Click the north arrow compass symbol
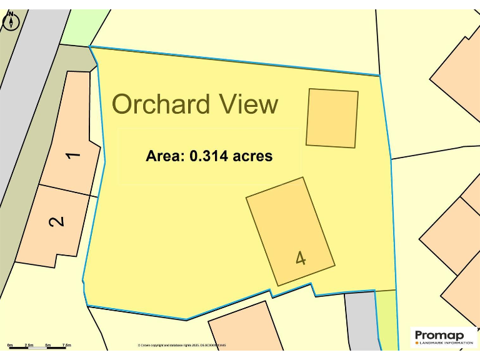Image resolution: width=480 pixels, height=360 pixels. click(x=11, y=21)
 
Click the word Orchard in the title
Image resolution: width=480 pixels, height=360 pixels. click(x=160, y=104)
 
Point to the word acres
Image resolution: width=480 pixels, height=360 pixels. click(x=252, y=156)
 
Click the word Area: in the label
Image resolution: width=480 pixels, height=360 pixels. click(x=166, y=156)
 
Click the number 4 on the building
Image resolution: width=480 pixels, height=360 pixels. click(x=301, y=257)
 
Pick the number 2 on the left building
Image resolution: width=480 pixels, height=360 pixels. click(x=56, y=221)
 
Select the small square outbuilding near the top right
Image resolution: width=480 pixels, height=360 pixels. click(x=332, y=118)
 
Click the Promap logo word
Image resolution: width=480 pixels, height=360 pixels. click(x=439, y=336)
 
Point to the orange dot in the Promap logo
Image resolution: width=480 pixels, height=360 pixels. click(x=417, y=343)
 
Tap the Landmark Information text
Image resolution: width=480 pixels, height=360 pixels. click(x=446, y=343)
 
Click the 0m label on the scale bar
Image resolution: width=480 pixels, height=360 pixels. click(x=10, y=345)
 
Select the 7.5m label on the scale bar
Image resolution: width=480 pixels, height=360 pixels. click(x=66, y=345)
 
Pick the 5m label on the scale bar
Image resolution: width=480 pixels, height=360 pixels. click(x=48, y=345)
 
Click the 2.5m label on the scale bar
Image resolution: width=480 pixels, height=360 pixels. click(x=29, y=345)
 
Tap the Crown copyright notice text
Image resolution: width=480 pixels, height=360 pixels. click(x=181, y=345)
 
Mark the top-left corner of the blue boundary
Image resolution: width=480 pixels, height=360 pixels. click(x=90, y=46)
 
